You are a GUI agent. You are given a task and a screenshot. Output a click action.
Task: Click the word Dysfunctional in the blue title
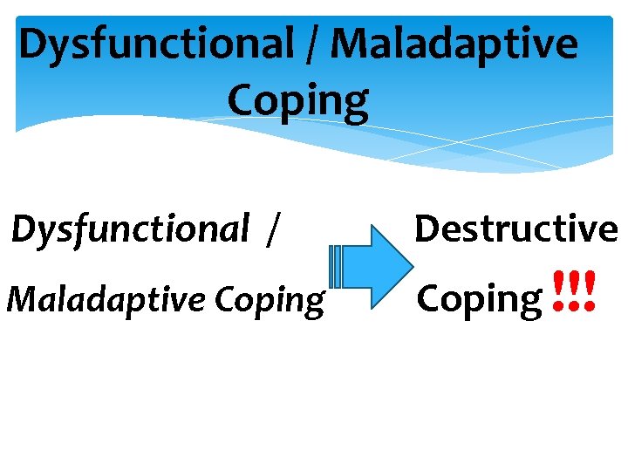(x=157, y=44)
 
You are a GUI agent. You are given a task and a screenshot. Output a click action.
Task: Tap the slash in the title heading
(x=311, y=44)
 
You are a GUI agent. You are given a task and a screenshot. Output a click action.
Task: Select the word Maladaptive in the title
(x=454, y=44)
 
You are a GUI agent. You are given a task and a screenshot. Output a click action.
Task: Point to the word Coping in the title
(x=298, y=101)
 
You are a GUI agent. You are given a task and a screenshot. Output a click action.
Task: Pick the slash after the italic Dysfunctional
(x=274, y=229)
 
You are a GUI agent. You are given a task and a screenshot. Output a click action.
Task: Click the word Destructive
(x=515, y=229)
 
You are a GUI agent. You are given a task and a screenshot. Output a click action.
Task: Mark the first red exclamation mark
(x=557, y=292)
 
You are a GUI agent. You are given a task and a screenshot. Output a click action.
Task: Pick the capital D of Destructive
(x=427, y=229)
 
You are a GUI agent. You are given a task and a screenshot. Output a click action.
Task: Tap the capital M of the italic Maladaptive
(x=22, y=299)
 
